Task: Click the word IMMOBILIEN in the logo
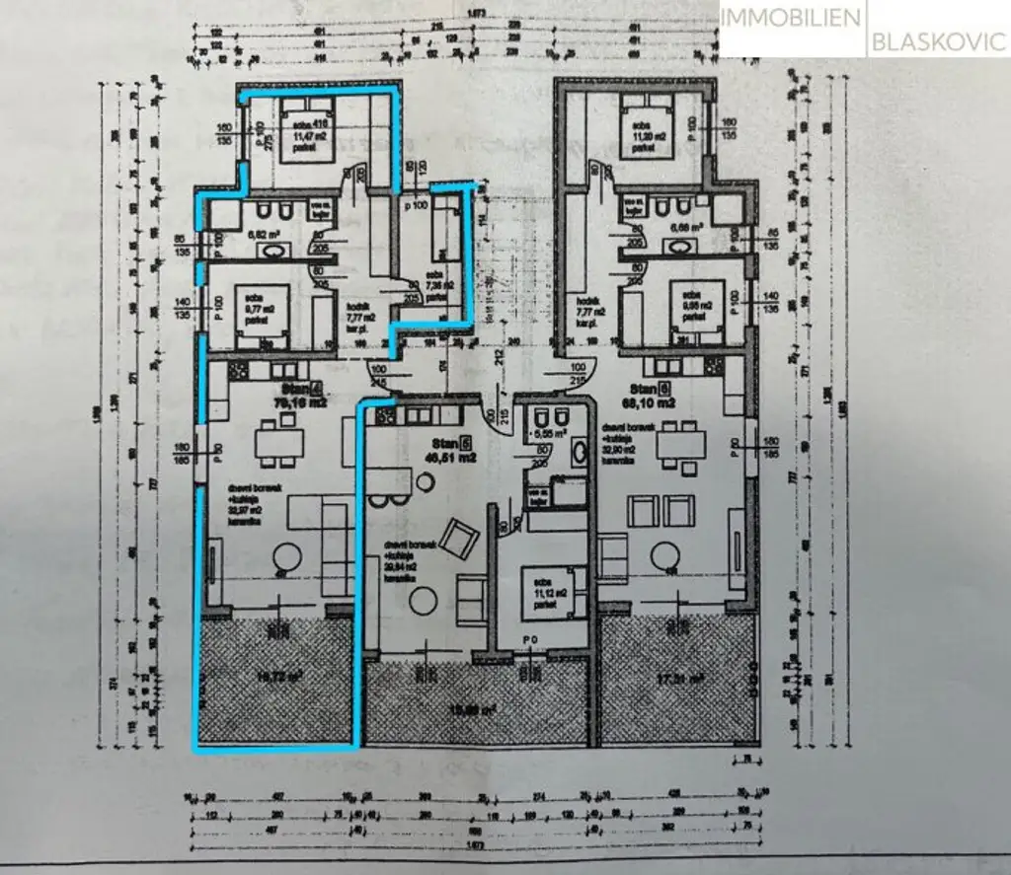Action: (790, 17)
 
